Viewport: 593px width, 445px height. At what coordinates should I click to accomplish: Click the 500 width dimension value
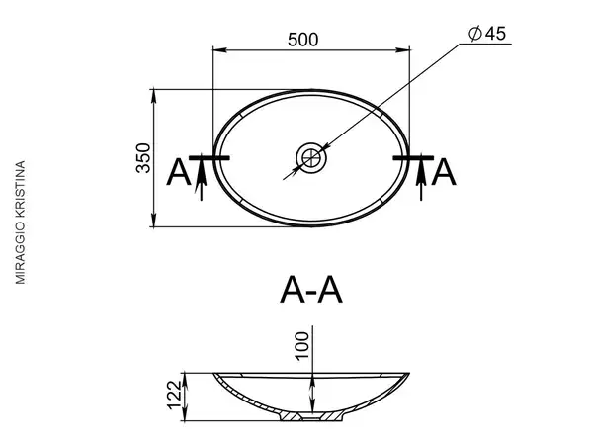pyautogui.click(x=303, y=40)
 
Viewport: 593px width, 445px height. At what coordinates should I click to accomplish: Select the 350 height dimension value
pyautogui.click(x=143, y=158)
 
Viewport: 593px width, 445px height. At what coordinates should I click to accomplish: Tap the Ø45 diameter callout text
pyautogui.click(x=487, y=34)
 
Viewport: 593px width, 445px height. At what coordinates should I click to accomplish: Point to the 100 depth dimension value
pyautogui.click(x=302, y=346)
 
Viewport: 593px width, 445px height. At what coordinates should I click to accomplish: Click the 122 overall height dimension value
pyautogui.click(x=175, y=395)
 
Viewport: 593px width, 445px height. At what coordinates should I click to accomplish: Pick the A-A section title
pyautogui.click(x=311, y=290)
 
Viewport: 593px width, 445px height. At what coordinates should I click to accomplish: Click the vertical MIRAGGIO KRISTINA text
pyautogui.click(x=20, y=222)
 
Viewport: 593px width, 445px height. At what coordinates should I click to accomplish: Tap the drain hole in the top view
pyautogui.click(x=311, y=158)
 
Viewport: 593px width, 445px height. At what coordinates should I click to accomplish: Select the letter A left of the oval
pyautogui.click(x=179, y=172)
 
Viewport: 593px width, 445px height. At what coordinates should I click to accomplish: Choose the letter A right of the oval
pyautogui.click(x=444, y=172)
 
